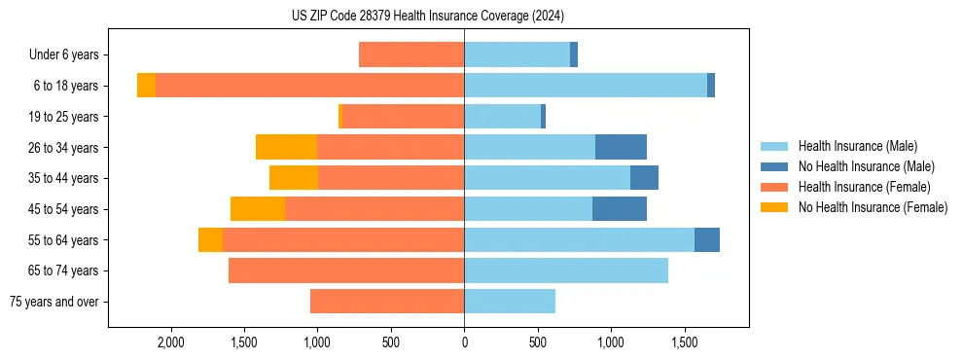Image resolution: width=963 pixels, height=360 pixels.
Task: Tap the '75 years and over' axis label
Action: tap(53, 302)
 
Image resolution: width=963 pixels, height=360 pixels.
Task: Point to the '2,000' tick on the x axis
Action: tap(170, 342)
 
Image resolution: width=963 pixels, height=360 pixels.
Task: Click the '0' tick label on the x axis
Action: tap(464, 342)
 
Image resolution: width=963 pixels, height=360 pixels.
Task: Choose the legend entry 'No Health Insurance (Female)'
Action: tap(872, 207)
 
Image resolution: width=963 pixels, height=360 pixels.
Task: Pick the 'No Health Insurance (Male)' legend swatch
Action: tap(774, 166)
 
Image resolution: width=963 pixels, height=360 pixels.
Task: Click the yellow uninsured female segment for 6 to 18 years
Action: tap(146, 86)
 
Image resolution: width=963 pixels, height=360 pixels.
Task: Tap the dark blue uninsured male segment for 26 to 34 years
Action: tap(621, 147)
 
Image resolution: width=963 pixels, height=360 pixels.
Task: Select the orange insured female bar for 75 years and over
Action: tap(387, 302)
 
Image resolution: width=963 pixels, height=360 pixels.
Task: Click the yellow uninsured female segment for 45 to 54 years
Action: tap(258, 209)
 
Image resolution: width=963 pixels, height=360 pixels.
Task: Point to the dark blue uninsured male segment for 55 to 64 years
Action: tap(707, 239)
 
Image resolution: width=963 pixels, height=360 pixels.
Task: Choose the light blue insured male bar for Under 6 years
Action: tap(517, 54)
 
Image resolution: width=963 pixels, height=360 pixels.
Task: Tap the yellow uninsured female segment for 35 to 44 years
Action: tap(294, 178)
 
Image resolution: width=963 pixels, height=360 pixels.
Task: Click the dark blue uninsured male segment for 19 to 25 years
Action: tap(543, 117)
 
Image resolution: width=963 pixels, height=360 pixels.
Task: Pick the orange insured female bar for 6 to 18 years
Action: tap(309, 86)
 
